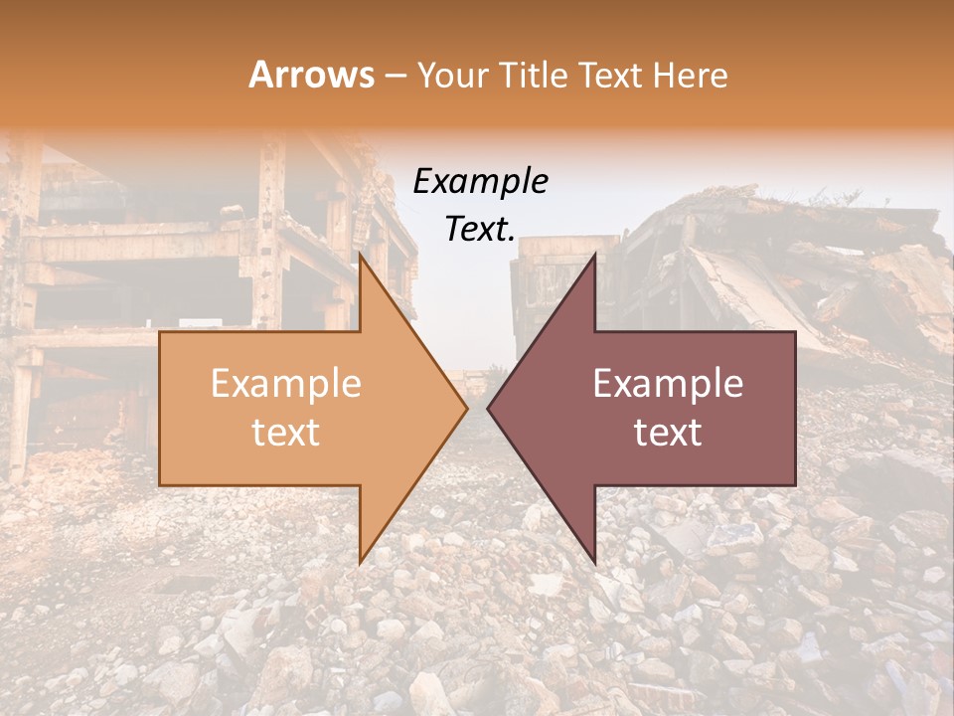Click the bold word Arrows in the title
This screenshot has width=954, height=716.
click(311, 75)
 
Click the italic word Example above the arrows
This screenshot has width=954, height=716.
click(480, 181)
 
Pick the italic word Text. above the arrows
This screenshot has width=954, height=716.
click(480, 229)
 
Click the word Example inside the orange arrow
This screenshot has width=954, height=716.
click(285, 384)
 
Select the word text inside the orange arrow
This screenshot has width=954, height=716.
click(285, 433)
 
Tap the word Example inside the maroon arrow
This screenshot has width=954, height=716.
click(668, 384)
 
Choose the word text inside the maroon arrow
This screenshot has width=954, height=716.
click(668, 433)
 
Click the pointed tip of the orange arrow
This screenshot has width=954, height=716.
click(466, 408)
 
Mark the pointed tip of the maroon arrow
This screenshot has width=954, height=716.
click(489, 408)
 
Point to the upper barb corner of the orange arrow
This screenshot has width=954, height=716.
click(360, 256)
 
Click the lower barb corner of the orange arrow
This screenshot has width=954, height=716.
click(360, 561)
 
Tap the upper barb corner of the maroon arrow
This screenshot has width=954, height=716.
click(594, 256)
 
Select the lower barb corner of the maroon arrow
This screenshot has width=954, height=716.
click(594, 561)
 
